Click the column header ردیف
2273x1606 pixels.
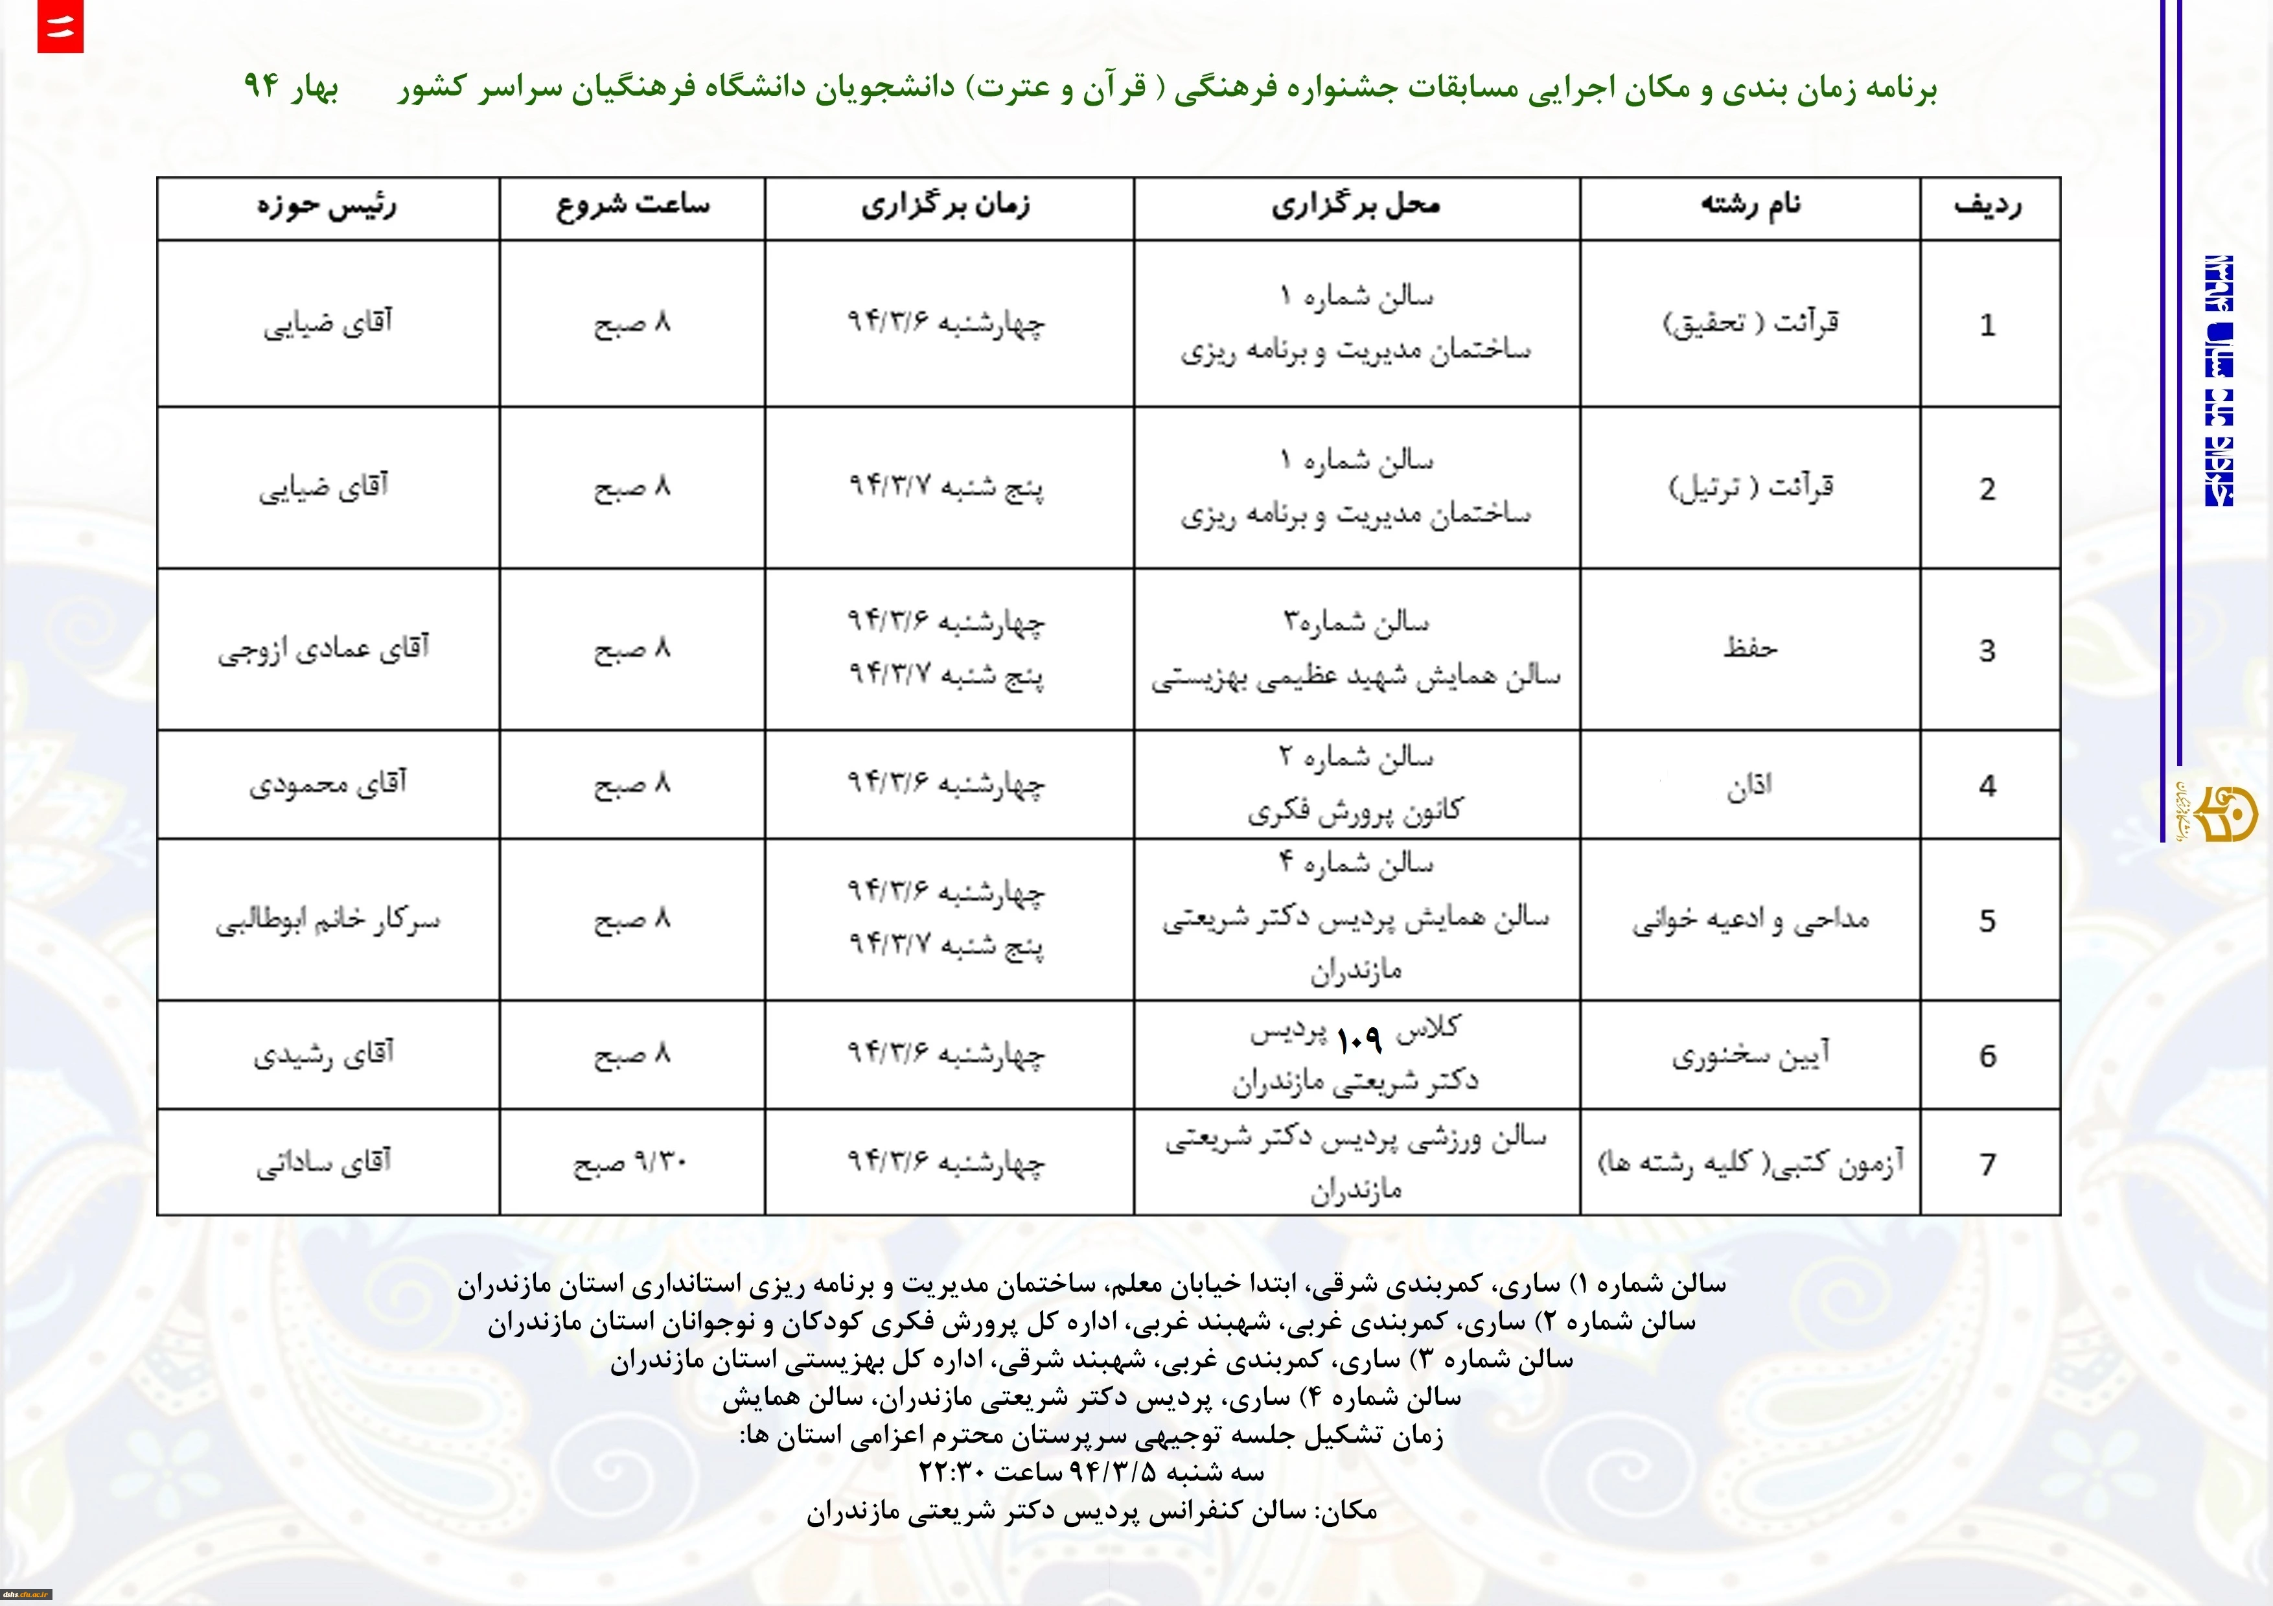pos(1988,206)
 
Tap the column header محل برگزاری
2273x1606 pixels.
pos(1356,206)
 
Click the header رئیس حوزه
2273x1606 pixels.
pos(327,206)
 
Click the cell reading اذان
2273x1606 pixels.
pos(1749,786)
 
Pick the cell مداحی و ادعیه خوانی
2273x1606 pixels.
pos(1750,920)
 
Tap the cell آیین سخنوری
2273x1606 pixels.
pos(1750,1056)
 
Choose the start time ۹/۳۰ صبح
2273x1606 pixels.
pos(630,1163)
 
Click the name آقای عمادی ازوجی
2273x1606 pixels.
pos(324,649)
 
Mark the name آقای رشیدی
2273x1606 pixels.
pos(324,1054)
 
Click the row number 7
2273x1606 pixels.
pos(1988,1165)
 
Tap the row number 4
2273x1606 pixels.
pos(1988,786)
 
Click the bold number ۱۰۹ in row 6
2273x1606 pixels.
pos(1358,1039)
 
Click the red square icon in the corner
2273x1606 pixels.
pos(60,27)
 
